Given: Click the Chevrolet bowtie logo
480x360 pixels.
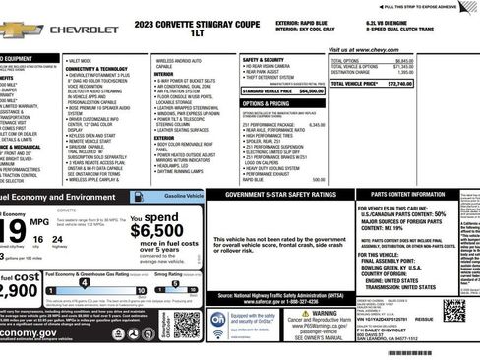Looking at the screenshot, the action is tap(18, 30).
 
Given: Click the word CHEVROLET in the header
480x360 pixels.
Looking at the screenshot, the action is tap(85, 30).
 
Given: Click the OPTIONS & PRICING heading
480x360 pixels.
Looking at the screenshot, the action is tap(266, 102).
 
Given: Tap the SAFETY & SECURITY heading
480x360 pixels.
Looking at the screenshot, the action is tap(263, 59).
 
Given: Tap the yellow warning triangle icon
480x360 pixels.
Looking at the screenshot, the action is tap(332, 315).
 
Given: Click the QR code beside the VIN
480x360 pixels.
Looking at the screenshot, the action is tap(453, 310).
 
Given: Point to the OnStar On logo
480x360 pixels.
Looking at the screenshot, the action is tap(217, 321).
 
